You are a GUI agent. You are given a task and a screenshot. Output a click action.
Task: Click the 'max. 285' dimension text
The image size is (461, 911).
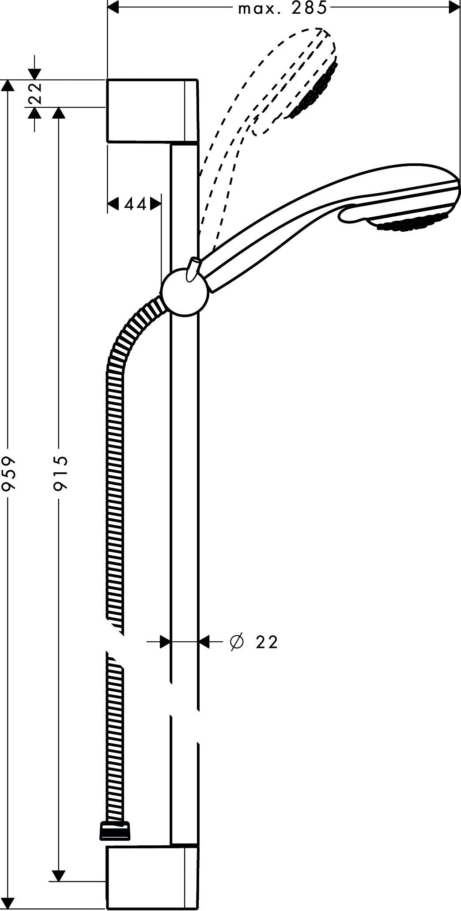coord(283,8)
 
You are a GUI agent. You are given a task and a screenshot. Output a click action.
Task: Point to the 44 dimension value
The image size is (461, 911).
coord(135,204)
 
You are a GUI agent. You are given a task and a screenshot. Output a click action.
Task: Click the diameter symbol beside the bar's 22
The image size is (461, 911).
coord(236,642)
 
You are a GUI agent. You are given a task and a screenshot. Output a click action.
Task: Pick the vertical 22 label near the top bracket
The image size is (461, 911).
coord(35,93)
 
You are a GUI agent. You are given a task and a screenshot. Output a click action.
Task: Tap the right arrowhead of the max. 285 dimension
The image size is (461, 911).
coord(455,8)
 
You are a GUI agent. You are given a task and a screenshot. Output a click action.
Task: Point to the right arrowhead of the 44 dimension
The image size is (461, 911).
coord(155,203)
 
